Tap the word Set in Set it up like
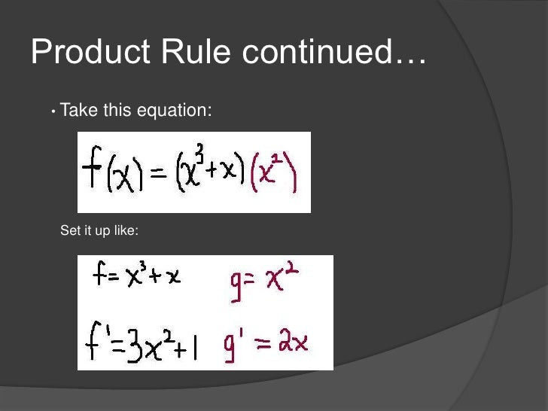click(x=69, y=231)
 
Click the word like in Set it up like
click(x=126, y=231)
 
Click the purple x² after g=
click(x=283, y=279)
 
